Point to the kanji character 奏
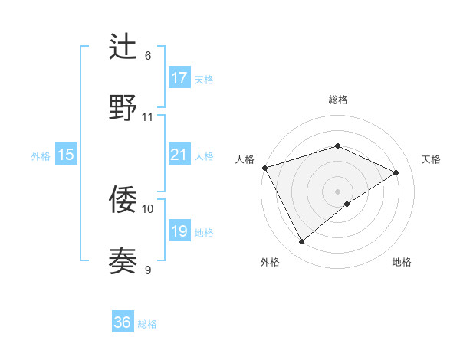123,260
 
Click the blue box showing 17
179,77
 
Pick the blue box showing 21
179,155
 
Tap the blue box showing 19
179,231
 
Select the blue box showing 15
66,155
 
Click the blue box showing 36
123,322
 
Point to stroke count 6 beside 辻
148,55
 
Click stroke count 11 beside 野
148,117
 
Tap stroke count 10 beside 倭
148,208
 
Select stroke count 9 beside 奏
148,269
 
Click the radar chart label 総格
338,100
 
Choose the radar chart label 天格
431,159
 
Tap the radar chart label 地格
402,262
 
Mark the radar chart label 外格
270,262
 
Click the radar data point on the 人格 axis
264,168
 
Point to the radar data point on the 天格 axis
396,172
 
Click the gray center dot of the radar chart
337,191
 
